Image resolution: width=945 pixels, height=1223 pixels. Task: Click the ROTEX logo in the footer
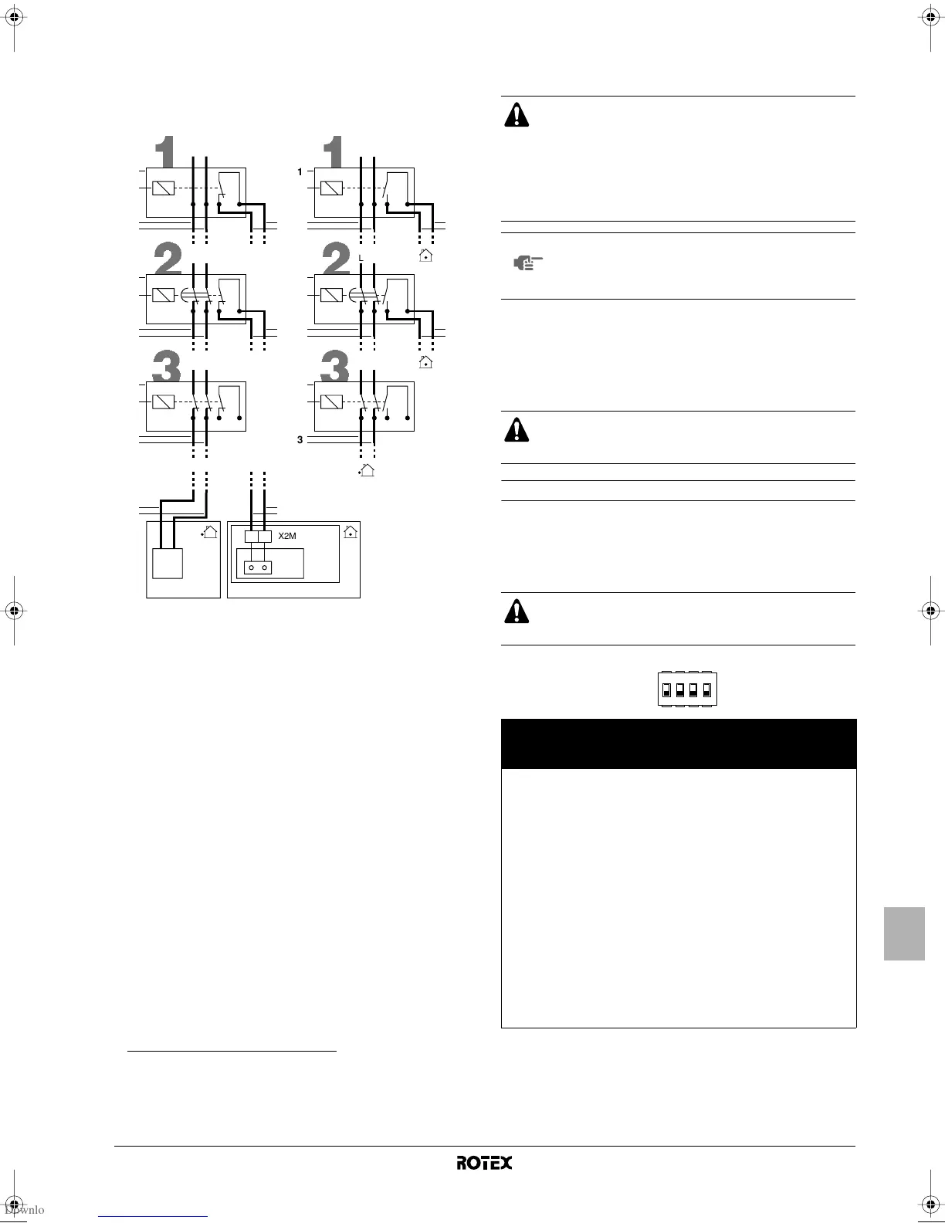coord(484,1163)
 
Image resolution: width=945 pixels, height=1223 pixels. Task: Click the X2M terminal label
coord(287,535)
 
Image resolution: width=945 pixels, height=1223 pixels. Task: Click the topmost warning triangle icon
coord(517,114)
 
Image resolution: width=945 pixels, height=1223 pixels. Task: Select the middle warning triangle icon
coord(517,429)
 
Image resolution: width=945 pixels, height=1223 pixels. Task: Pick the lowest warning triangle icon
coord(517,611)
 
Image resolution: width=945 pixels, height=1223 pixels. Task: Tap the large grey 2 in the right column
coord(337,259)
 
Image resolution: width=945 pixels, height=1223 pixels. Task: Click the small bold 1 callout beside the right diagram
coord(300,172)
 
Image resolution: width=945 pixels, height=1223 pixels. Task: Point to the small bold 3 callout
coord(300,440)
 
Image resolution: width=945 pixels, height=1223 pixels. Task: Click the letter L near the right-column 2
coord(361,257)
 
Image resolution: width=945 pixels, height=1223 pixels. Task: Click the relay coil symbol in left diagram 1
coord(163,188)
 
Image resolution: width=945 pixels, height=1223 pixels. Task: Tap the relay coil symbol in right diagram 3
coord(331,401)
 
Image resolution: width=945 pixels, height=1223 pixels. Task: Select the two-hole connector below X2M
coord(258,567)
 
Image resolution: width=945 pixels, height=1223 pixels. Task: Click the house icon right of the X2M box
coord(350,531)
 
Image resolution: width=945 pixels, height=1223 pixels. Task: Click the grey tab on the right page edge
coord(904,934)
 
